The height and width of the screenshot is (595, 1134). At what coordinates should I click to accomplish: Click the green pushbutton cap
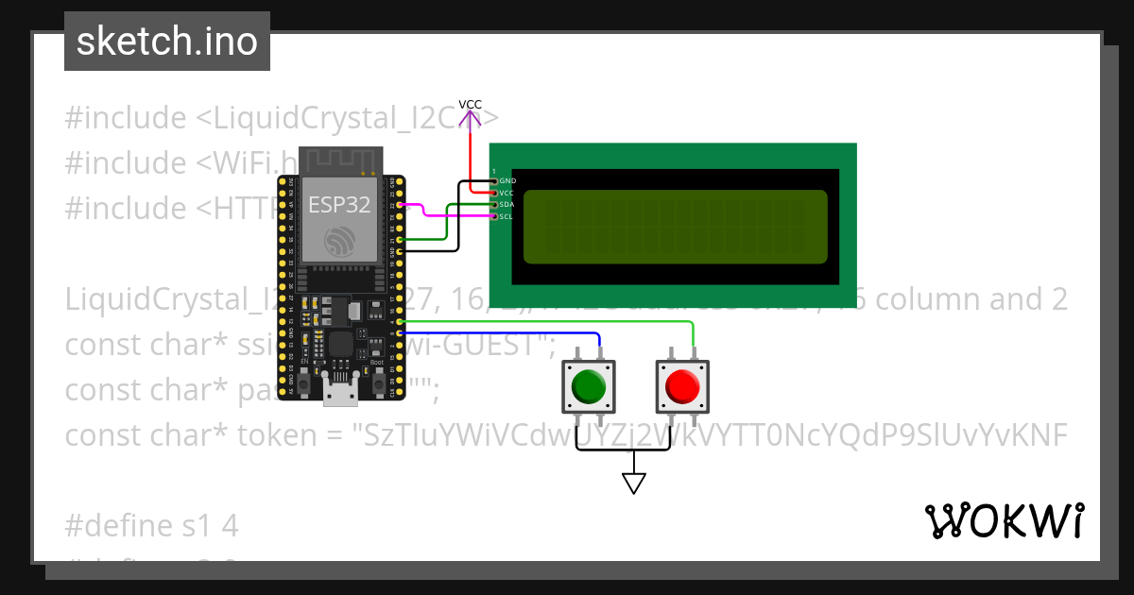point(588,385)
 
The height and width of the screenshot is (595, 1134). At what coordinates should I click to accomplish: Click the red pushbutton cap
point(681,385)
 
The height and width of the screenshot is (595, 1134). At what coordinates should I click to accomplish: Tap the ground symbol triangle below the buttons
point(633,484)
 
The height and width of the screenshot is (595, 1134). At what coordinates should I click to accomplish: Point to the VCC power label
point(470,105)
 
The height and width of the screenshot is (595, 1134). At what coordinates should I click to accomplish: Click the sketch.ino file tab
point(167,42)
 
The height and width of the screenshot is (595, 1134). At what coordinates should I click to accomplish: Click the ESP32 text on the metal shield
point(339,206)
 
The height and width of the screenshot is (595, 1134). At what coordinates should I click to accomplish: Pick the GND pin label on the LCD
point(507,180)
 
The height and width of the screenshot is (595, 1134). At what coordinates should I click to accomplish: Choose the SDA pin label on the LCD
point(507,204)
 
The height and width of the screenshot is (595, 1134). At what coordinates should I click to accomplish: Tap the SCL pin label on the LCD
point(507,216)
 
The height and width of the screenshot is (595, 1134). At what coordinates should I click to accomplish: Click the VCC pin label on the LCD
point(507,193)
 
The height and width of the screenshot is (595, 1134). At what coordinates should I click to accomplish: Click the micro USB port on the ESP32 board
point(340,393)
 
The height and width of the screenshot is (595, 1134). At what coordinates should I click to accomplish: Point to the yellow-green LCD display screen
point(675,227)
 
